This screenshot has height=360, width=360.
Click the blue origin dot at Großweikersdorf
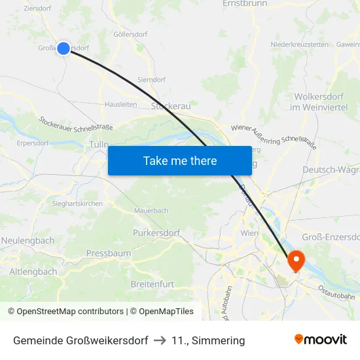pos(63,48)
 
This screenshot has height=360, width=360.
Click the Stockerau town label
pos(170,105)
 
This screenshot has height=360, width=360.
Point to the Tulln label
pos(99,145)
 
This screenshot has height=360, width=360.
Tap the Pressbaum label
pos(109,253)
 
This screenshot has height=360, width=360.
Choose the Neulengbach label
pos(28,240)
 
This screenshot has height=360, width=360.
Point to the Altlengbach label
pos(33,271)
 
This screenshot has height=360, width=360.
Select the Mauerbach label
pos(151,211)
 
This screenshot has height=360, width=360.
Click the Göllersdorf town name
pos(130,34)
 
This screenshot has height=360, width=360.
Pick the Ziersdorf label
pos(37,9)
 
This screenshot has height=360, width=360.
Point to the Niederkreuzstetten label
pos(299,45)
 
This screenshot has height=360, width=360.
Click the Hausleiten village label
pos(121,104)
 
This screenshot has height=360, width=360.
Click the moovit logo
pos(321,339)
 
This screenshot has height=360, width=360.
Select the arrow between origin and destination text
pos(160,340)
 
